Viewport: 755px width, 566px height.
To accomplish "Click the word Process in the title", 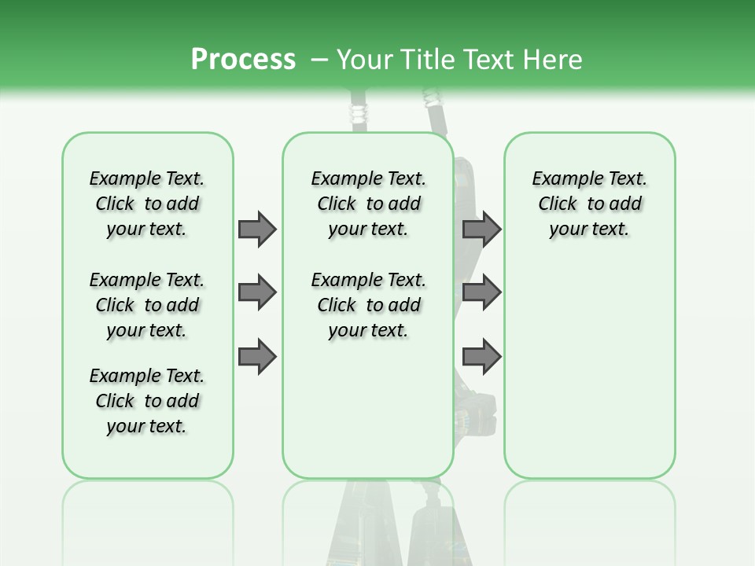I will coord(243,59).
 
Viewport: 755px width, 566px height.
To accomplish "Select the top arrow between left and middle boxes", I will coord(256,229).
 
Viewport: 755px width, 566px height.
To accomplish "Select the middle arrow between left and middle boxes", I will coord(256,292).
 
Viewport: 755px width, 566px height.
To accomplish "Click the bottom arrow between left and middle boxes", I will coord(256,357).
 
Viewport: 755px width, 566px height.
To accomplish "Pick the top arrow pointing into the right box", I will coord(481,229).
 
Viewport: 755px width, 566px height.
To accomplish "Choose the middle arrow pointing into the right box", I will coord(481,292).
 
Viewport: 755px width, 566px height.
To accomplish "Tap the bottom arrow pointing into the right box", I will coord(481,357).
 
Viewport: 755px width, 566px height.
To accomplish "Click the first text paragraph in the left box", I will coord(147,204).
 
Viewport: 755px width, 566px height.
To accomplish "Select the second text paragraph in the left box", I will coord(147,305).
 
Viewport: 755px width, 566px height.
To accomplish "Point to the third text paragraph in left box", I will coord(147,401).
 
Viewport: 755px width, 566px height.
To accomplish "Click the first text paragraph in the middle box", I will coord(368,204).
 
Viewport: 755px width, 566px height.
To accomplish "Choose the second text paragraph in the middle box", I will coord(368,305).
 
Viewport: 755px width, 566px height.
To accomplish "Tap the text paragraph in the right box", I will coord(589,204).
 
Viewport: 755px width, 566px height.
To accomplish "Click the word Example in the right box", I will coord(562,178).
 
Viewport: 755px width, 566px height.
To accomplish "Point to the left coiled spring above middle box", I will coord(359,110).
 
